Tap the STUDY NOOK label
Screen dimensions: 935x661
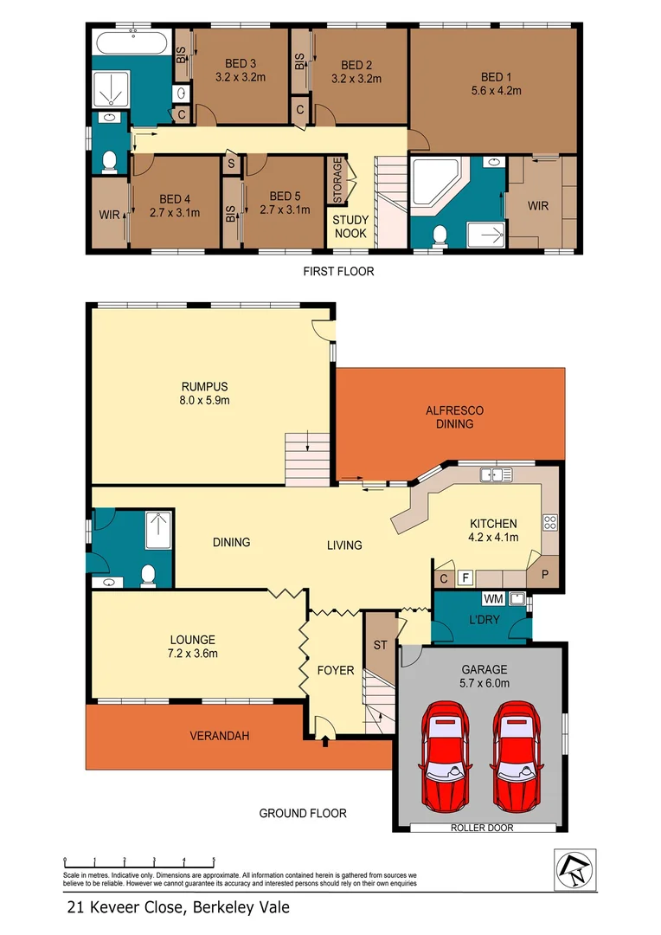click(350, 227)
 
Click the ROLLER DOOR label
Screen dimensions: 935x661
click(481, 828)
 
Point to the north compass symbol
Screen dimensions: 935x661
click(575, 868)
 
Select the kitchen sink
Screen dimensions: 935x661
click(498, 474)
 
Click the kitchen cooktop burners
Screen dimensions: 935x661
click(549, 521)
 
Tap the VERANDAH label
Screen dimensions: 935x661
click(220, 736)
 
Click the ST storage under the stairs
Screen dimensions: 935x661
click(378, 644)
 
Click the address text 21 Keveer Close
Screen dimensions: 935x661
click(178, 907)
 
